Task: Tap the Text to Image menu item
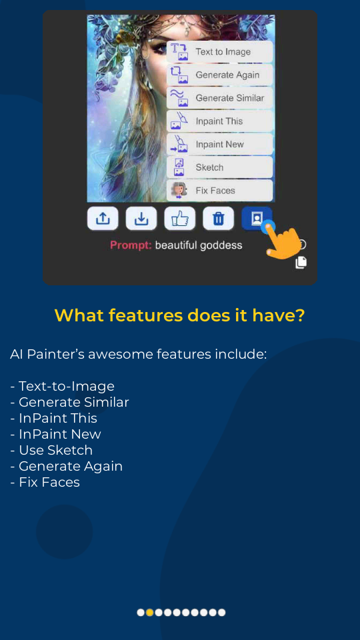click(x=219, y=52)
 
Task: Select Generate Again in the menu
click(x=219, y=75)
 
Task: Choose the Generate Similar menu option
click(x=219, y=98)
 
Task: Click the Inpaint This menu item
click(x=219, y=121)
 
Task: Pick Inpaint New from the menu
click(x=219, y=144)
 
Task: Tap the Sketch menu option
click(x=219, y=167)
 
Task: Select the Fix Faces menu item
click(x=219, y=191)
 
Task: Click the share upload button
click(x=103, y=218)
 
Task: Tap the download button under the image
click(x=141, y=218)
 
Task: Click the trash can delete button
click(x=218, y=218)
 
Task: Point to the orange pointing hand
click(x=283, y=243)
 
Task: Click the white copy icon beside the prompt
click(x=301, y=262)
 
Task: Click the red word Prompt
click(x=131, y=245)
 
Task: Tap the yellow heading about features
click(x=179, y=315)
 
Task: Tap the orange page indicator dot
click(x=150, y=612)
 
